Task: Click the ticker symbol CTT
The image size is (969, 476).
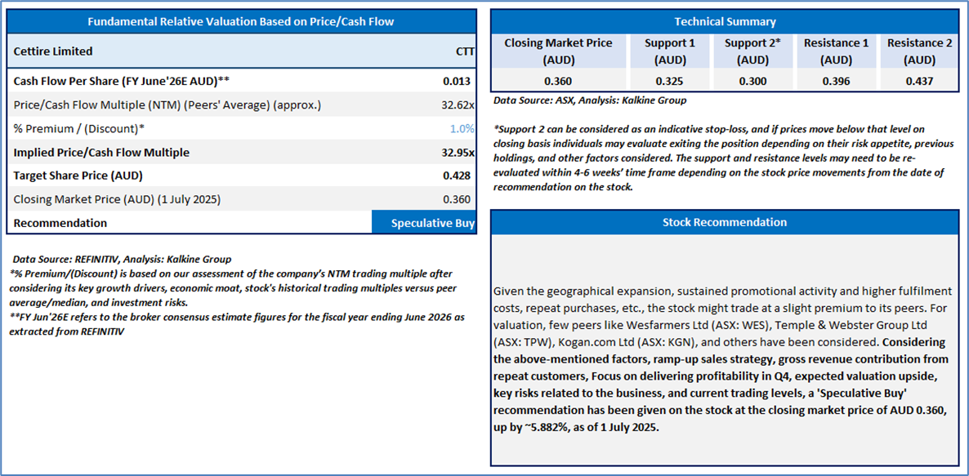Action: coord(464,51)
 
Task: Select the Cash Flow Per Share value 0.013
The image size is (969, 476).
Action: coord(458,82)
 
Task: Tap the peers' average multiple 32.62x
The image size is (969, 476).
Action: coord(458,105)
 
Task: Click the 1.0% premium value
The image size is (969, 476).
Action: coord(462,129)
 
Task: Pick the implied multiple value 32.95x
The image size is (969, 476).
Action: coord(458,153)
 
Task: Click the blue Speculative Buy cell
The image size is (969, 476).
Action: coord(423,223)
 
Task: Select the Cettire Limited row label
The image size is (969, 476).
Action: coord(53,51)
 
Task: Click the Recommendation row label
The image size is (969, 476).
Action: coord(60,223)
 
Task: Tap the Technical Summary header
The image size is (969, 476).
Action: coord(725,22)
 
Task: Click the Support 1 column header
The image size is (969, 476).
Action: coord(669,51)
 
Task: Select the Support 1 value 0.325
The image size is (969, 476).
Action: coord(669,81)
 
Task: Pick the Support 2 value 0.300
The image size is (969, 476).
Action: coord(751,81)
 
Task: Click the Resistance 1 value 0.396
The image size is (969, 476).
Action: coord(836,81)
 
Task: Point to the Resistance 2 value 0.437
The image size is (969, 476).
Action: coord(919,81)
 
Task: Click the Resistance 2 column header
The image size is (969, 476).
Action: coord(919,51)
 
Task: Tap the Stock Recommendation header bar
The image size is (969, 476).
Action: coord(725,222)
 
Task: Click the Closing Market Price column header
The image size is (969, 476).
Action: coord(558,51)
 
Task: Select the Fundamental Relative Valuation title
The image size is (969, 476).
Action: coord(240,21)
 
